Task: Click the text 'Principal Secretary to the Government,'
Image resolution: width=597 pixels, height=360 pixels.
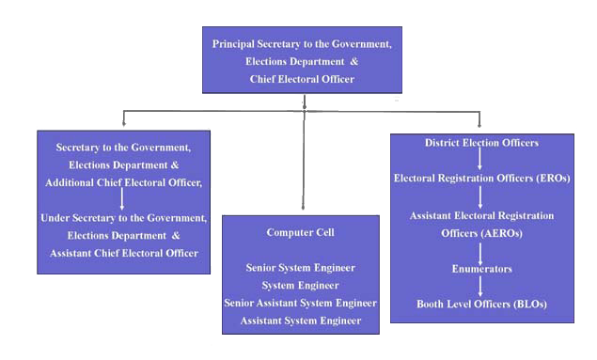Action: tap(302, 44)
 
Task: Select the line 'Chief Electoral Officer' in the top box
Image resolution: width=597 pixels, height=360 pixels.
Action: tap(302, 79)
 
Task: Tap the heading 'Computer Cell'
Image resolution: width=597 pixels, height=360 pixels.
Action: tap(301, 232)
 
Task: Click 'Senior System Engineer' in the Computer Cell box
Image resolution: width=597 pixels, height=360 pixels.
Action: tap(301, 268)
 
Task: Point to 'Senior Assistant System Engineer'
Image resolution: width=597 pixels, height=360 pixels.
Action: tap(301, 303)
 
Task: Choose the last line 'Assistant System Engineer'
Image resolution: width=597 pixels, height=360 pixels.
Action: tap(301, 321)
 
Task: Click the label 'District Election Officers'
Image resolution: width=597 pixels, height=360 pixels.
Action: tap(481, 143)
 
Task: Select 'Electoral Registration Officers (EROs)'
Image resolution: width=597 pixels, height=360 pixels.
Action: tap(481, 178)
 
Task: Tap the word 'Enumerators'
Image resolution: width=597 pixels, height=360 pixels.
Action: tap(481, 269)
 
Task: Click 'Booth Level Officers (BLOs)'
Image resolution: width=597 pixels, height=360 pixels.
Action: tap(481, 304)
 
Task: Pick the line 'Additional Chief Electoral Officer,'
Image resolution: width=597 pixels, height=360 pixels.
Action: tap(123, 181)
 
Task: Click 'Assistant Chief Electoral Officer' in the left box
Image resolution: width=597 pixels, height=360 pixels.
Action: tap(123, 252)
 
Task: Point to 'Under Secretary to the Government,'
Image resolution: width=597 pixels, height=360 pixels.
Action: tap(123, 217)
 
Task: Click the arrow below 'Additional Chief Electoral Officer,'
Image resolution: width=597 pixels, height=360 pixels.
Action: tap(122, 199)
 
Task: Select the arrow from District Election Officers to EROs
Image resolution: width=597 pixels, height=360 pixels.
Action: tap(481, 160)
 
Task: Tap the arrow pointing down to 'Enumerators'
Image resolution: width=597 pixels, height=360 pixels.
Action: tap(481, 252)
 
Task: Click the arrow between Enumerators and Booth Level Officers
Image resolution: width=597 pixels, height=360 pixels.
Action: tap(481, 287)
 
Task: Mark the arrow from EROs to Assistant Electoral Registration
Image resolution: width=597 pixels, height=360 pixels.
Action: tap(481, 196)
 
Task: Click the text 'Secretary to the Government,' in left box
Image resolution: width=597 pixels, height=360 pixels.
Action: tap(123, 148)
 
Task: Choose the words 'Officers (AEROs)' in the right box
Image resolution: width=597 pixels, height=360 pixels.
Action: tap(481, 233)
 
